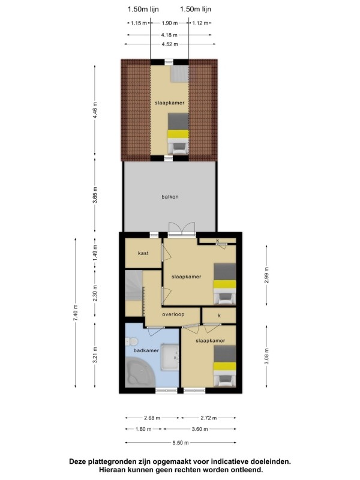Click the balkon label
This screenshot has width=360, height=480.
170,197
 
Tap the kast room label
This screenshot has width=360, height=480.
143,253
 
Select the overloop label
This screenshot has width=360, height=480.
173,314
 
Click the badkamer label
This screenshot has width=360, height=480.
146,350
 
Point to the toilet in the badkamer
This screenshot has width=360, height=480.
131,341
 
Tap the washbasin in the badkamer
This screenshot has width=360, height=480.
170,357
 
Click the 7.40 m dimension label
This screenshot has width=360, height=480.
76,313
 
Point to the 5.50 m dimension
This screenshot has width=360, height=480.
181,443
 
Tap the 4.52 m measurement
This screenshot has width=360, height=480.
170,44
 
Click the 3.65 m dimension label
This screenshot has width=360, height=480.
95,195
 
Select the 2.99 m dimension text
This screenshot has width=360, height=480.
266,275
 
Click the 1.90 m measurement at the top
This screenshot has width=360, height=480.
170,23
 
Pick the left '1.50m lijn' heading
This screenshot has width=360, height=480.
143,9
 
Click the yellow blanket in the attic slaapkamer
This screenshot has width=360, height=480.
178,134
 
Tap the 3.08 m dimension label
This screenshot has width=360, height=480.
266,356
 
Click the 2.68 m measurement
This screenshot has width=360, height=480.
152,418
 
